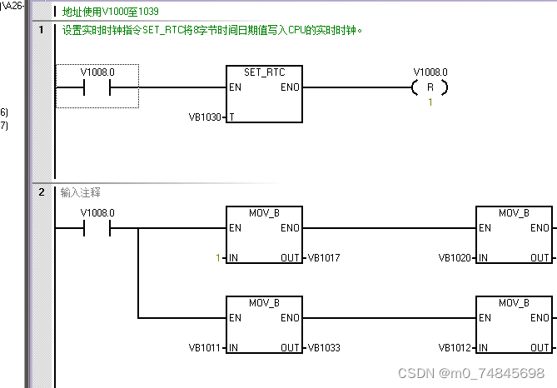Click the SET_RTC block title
pos(264,72)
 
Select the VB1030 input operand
pos(206,117)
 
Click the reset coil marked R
pos(430,87)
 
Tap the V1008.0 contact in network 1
pos(97,87)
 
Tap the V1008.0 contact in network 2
pos(97,228)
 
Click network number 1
pos(41,31)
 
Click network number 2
pos(41,192)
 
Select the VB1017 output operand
pos(323,258)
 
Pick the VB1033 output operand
pos(323,346)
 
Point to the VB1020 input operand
pos(457,258)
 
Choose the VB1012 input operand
pos(457,346)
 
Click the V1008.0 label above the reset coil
pos(430,72)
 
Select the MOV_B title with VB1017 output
pos(264,213)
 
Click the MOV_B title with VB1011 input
pos(264,301)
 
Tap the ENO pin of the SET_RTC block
pos(290,87)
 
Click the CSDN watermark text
pos(472,373)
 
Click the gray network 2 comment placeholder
pos(81,192)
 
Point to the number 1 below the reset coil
pos(430,102)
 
